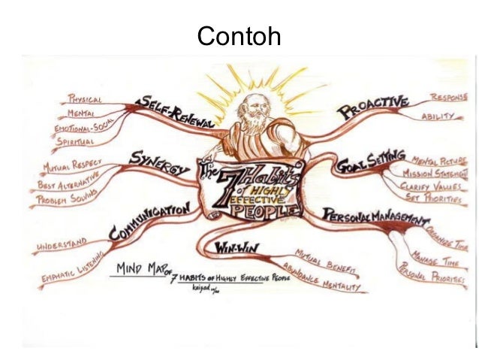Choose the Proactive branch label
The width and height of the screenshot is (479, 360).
[372, 107]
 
